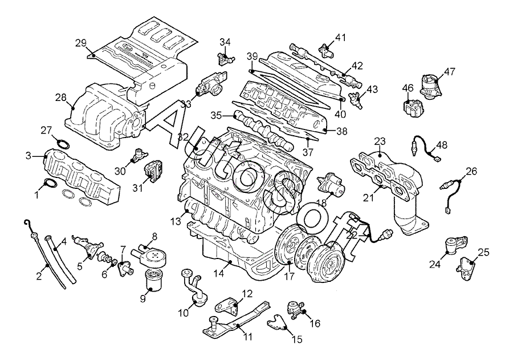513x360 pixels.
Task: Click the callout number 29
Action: (80, 42)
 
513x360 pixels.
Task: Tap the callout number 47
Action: (450, 72)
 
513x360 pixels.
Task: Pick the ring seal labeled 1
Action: (50, 184)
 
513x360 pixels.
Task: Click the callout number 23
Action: (380, 141)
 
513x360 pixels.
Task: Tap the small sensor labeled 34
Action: (224, 57)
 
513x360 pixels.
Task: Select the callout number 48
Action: (443, 144)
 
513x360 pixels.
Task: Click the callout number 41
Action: (340, 38)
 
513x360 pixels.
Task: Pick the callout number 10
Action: (184, 313)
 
